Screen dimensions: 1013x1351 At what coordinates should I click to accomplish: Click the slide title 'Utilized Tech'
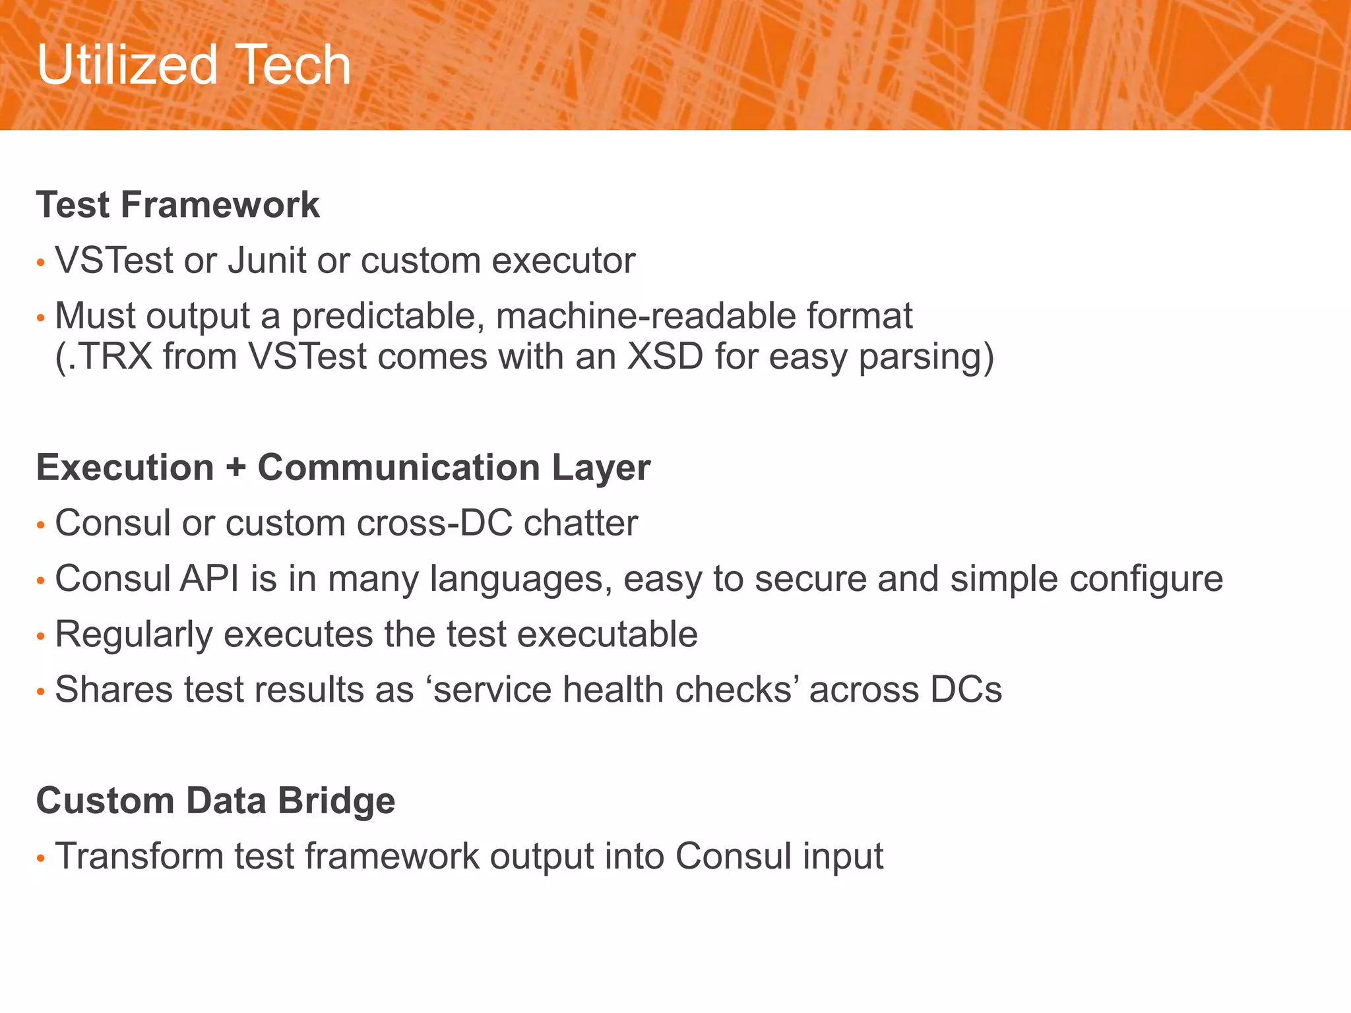[193, 65]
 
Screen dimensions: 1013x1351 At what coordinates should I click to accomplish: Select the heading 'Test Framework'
[177, 204]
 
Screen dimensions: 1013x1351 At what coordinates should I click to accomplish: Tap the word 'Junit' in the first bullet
[267, 260]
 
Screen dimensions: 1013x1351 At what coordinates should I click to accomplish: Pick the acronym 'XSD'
[664, 357]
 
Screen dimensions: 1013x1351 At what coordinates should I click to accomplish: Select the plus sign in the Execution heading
[236, 468]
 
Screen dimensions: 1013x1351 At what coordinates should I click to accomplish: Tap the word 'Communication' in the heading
[398, 468]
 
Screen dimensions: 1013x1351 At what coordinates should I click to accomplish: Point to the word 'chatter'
[581, 523]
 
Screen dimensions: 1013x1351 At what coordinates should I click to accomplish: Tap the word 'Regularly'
[133, 634]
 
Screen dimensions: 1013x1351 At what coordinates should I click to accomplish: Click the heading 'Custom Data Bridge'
[216, 801]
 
